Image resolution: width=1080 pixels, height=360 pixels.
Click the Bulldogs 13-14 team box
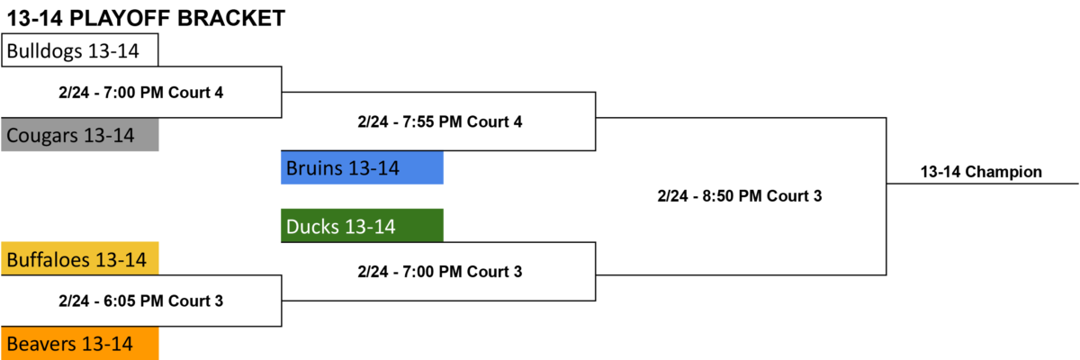click(x=79, y=50)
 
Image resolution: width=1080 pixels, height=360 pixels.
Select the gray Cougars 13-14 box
click(x=79, y=135)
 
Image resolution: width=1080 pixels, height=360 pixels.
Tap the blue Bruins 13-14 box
click(x=362, y=167)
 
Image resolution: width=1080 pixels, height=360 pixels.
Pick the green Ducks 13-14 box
click(x=362, y=226)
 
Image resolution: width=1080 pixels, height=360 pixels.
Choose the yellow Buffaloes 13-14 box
click(x=79, y=259)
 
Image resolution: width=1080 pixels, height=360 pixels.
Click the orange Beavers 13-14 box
click(x=79, y=344)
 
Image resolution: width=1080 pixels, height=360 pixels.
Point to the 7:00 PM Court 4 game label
click(x=140, y=93)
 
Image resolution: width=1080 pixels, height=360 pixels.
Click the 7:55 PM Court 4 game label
click(x=440, y=121)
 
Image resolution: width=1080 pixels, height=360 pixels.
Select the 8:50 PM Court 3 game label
click(x=740, y=196)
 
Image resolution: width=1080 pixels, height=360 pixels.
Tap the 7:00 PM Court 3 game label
click(x=440, y=272)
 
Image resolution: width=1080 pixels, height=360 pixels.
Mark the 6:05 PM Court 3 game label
click(x=140, y=301)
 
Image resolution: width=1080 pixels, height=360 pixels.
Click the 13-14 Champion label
click(x=981, y=172)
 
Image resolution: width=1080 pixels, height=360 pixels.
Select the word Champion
click(x=1003, y=172)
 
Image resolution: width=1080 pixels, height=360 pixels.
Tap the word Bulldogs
click(x=44, y=51)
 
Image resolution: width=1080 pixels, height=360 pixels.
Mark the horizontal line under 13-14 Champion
click(x=983, y=184)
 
